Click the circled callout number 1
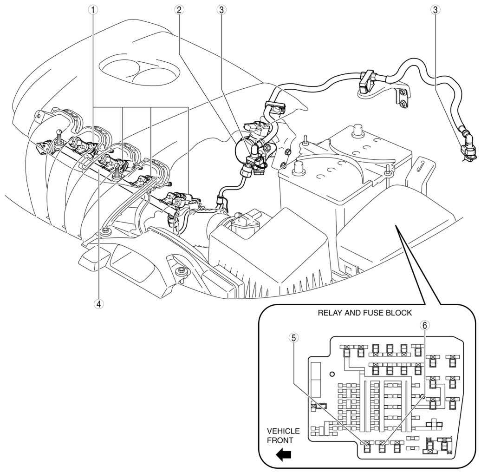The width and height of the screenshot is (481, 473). [95, 9]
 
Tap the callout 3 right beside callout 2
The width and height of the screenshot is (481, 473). [221, 9]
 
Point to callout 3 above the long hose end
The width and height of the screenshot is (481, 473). [435, 9]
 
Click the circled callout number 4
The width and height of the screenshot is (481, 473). [98, 303]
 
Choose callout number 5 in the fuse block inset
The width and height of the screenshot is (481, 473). [293, 338]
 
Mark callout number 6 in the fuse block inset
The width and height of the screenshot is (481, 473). [423, 326]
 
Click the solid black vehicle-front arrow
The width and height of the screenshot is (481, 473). [283, 455]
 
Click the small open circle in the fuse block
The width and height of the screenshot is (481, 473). [332, 374]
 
